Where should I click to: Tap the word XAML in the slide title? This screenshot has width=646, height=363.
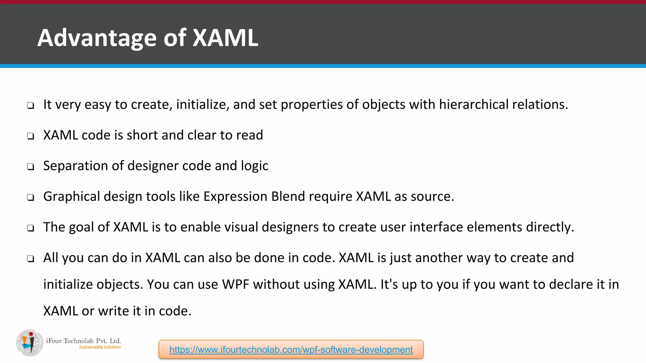225,38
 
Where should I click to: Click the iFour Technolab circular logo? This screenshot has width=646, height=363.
30,343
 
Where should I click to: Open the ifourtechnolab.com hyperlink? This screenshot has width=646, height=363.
291,349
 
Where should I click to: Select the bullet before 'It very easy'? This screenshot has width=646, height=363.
31,106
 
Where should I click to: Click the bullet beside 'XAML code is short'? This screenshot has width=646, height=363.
31,136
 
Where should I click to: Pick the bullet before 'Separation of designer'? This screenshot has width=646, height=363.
31,167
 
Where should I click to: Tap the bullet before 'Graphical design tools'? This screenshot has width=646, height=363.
31,198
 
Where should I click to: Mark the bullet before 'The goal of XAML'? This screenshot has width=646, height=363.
31,228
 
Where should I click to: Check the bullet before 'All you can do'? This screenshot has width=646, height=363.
31,259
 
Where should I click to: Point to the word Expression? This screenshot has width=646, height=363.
235,197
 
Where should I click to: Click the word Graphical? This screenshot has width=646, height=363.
72,197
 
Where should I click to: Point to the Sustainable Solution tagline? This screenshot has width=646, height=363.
100,347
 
